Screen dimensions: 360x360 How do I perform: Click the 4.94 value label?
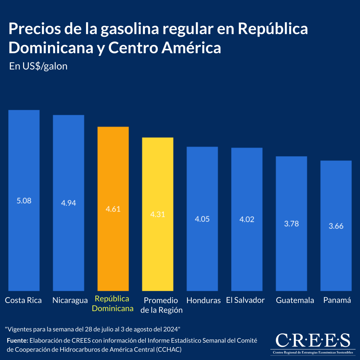[69, 203]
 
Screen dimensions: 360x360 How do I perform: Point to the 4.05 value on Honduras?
[202, 219]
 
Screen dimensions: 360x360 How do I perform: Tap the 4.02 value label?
[247, 219]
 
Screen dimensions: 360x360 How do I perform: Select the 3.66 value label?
[336, 226]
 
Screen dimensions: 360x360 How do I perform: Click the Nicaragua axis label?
[70, 300]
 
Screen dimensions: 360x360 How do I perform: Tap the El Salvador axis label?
[245, 300]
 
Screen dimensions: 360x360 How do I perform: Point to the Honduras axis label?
[203, 300]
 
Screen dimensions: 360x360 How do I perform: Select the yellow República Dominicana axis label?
[112, 304]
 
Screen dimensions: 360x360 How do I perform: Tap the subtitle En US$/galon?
[38, 66]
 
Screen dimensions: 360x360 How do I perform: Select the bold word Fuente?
[17, 340]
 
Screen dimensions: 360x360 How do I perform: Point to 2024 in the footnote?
[171, 329]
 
